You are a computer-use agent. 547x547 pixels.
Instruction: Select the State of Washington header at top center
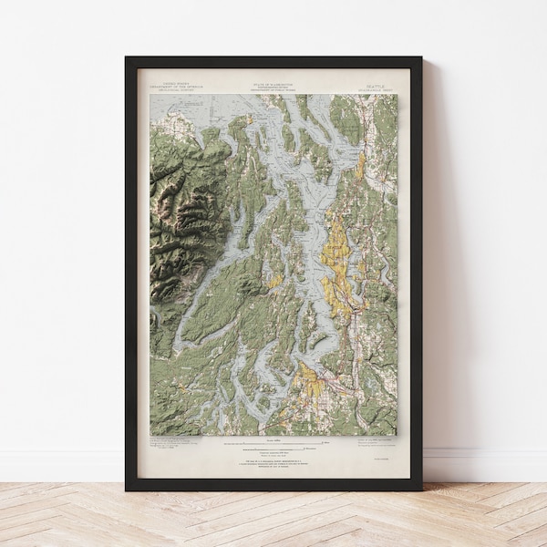click(273, 85)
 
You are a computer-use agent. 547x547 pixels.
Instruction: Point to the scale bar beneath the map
click(273, 448)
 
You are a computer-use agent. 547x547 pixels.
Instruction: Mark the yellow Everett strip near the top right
click(361, 165)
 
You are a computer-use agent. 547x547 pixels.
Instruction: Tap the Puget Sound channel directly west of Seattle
click(310, 264)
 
